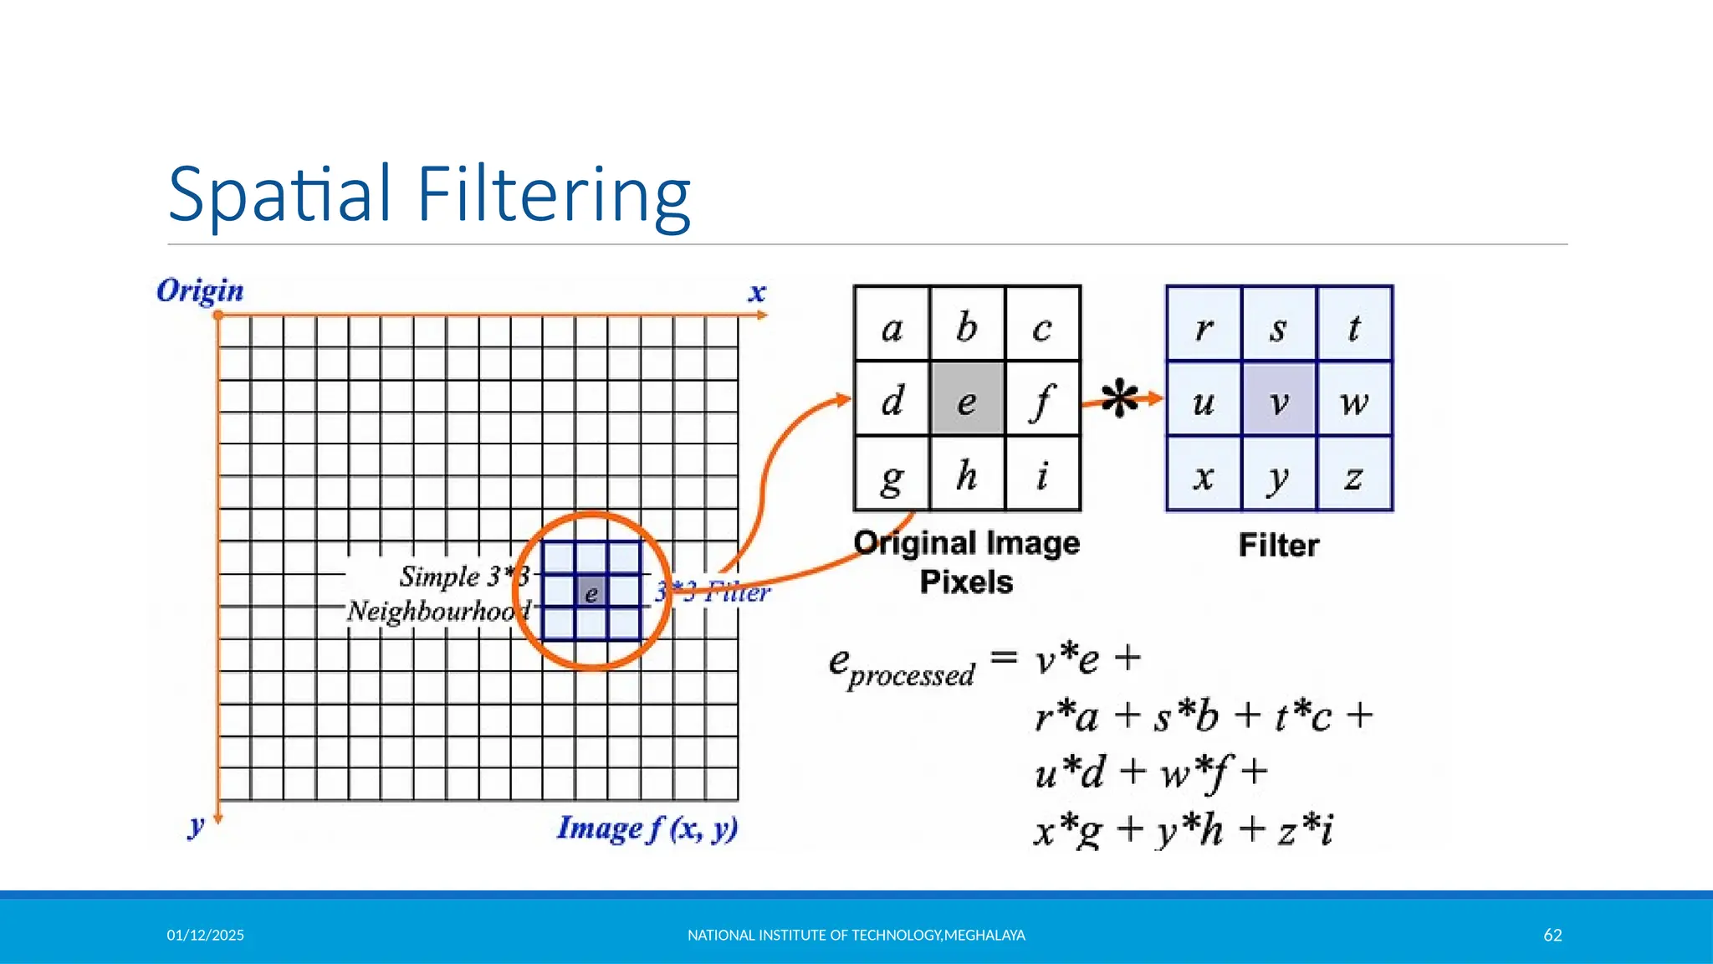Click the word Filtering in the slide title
pyautogui.click(x=553, y=195)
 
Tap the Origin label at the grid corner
pyautogui.click(x=200, y=291)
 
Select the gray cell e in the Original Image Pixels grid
pyautogui.click(x=967, y=399)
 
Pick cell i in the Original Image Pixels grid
pyautogui.click(x=1042, y=474)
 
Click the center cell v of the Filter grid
pyautogui.click(x=1279, y=399)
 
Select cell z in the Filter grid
pyautogui.click(x=1353, y=474)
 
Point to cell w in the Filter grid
pyautogui.click(x=1353, y=399)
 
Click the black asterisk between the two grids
pyautogui.click(x=1119, y=398)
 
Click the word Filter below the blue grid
pyautogui.click(x=1278, y=546)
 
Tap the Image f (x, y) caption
pyautogui.click(x=647, y=828)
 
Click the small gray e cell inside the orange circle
pyautogui.click(x=591, y=592)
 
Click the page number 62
pyautogui.click(x=1552, y=935)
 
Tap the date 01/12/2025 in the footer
pyautogui.click(x=206, y=935)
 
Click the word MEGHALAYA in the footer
pyautogui.click(x=984, y=935)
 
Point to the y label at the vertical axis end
pyautogui.click(x=196, y=825)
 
